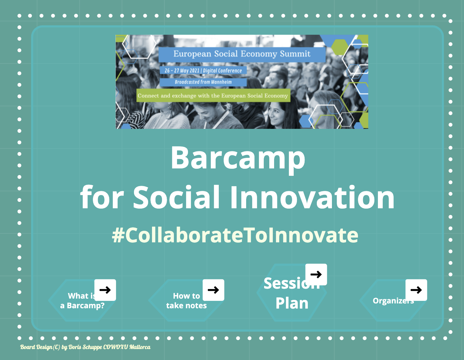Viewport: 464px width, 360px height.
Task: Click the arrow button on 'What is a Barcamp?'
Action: click(x=105, y=290)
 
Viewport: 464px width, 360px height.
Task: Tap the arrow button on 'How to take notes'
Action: click(x=213, y=290)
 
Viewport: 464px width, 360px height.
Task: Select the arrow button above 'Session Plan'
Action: click(x=316, y=274)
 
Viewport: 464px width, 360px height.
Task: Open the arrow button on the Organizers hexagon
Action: click(x=416, y=290)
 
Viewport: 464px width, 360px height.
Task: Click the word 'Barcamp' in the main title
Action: click(x=238, y=158)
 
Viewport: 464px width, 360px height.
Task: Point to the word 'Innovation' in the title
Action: click(x=312, y=197)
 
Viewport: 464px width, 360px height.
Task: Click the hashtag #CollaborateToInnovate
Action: click(x=235, y=235)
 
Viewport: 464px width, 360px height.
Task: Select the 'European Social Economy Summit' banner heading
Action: click(x=242, y=54)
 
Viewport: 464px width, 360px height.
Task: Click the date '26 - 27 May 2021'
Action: click(x=182, y=70)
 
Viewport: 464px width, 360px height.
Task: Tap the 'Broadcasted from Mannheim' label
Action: click(x=203, y=82)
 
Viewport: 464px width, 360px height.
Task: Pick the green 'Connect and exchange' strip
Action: click(x=213, y=95)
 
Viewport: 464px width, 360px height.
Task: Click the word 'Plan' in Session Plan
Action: click(x=292, y=303)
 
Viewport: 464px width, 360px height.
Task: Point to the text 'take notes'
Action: click(x=186, y=305)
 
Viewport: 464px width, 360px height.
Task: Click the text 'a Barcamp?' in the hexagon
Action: click(x=82, y=305)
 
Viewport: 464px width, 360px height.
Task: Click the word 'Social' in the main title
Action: click(x=176, y=197)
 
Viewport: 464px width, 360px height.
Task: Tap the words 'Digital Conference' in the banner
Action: click(x=222, y=70)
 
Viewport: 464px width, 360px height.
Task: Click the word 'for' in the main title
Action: click(x=102, y=197)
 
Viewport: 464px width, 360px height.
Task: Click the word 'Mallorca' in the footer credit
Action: click(x=140, y=347)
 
